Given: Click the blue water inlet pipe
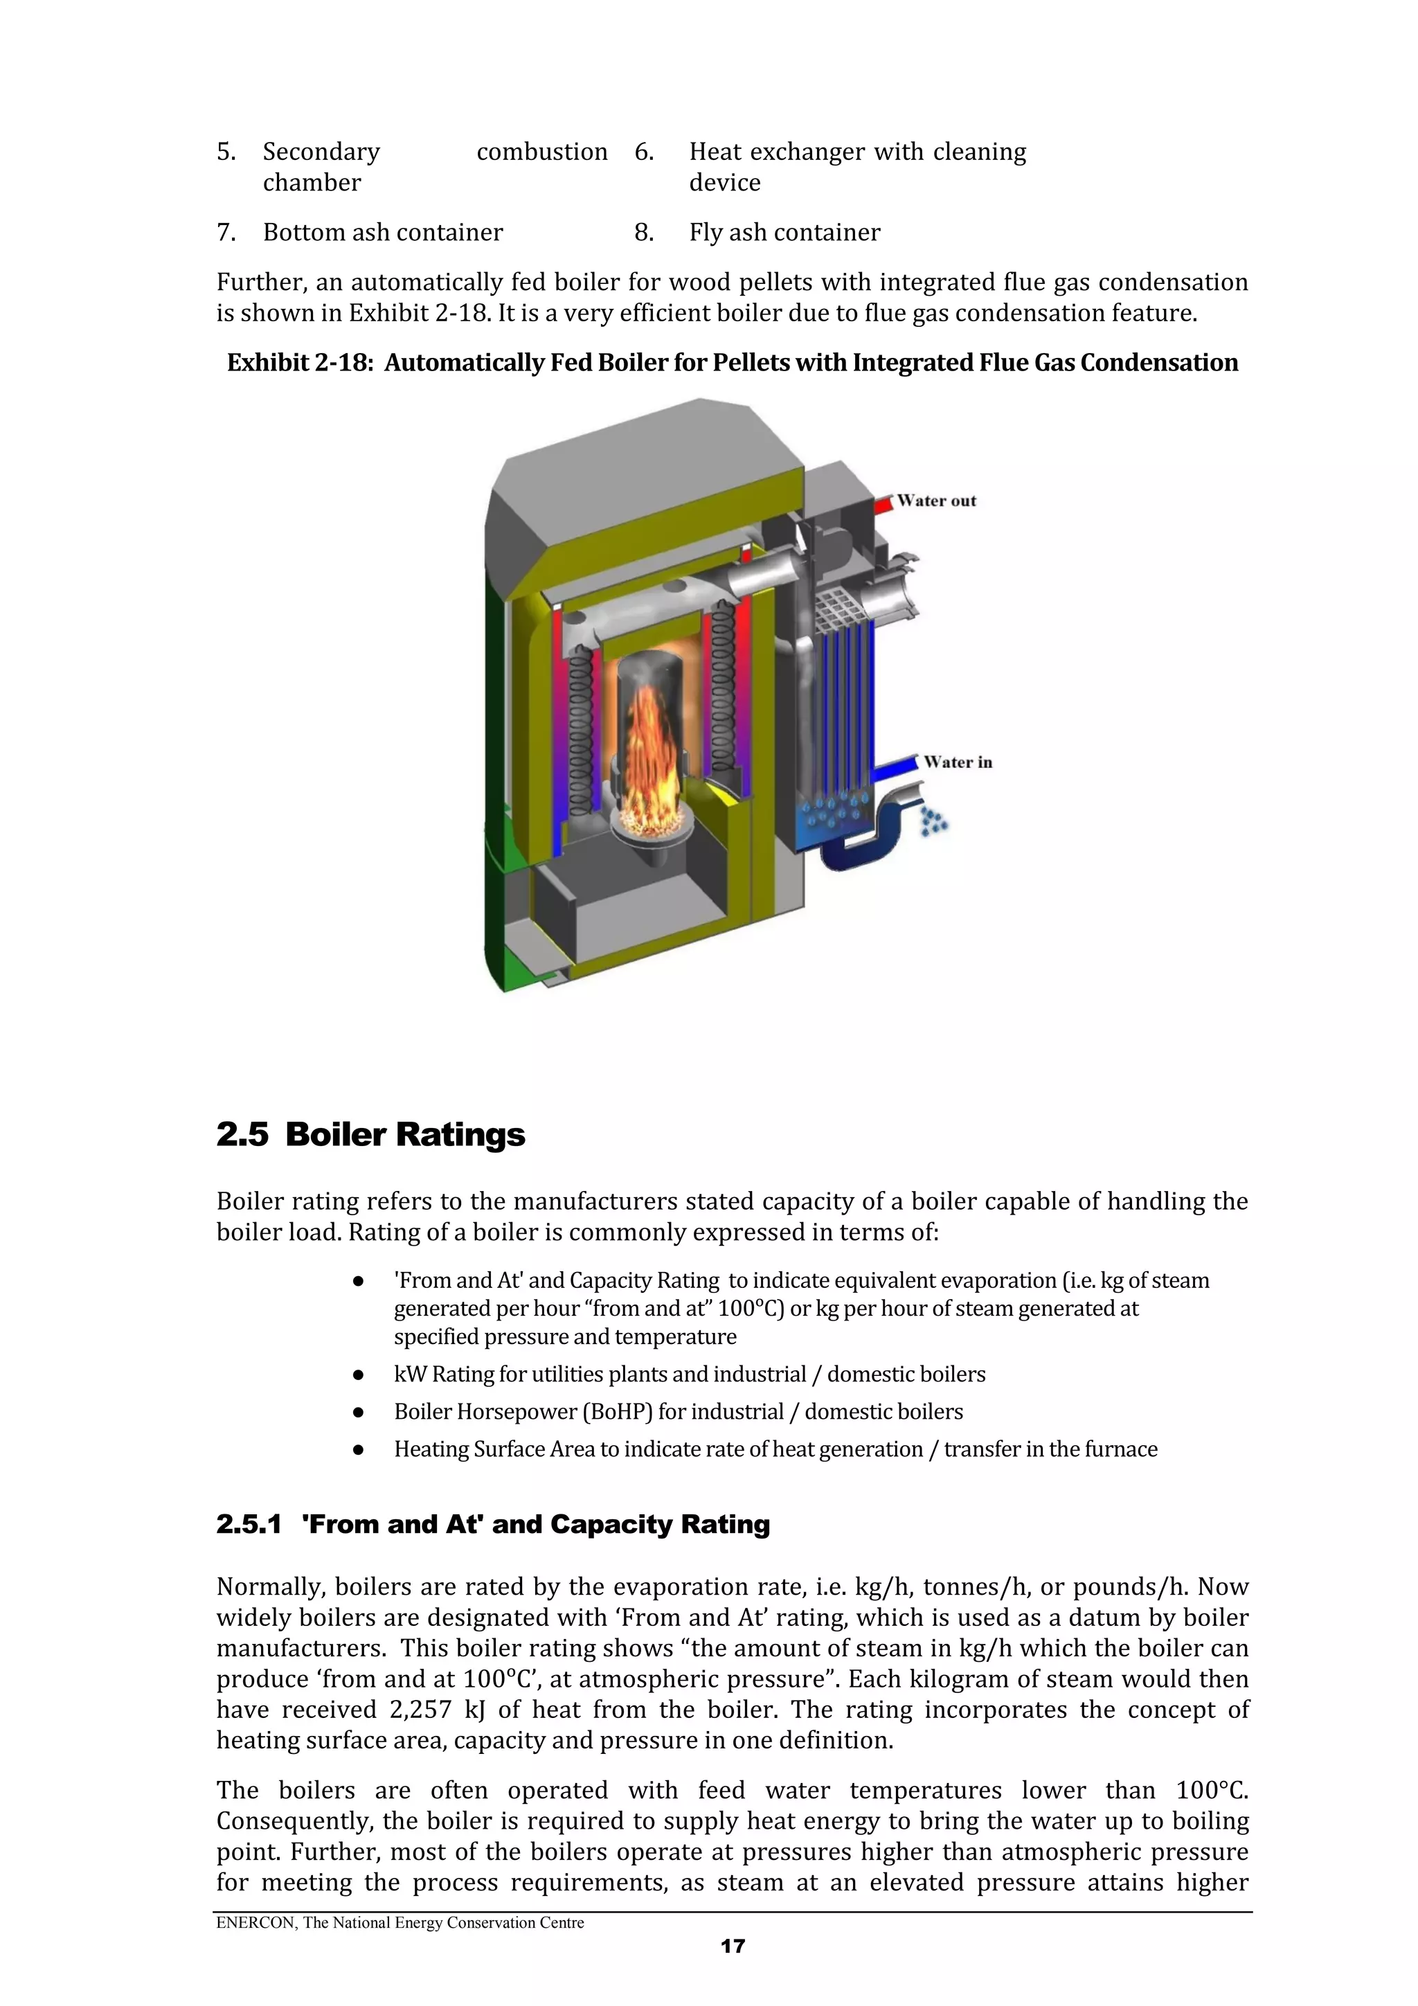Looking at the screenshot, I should click(895, 769).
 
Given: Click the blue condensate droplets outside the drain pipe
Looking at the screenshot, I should click(934, 822).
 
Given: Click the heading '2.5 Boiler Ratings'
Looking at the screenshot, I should click(370, 1135).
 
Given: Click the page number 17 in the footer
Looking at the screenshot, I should click(732, 1946).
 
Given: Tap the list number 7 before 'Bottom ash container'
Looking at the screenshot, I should click(226, 233).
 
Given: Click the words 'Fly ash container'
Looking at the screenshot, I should click(784, 233).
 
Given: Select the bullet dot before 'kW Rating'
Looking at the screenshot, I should click(357, 1375).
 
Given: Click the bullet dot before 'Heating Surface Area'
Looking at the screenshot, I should click(357, 1449).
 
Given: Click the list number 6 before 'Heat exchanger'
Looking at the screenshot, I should click(643, 152).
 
